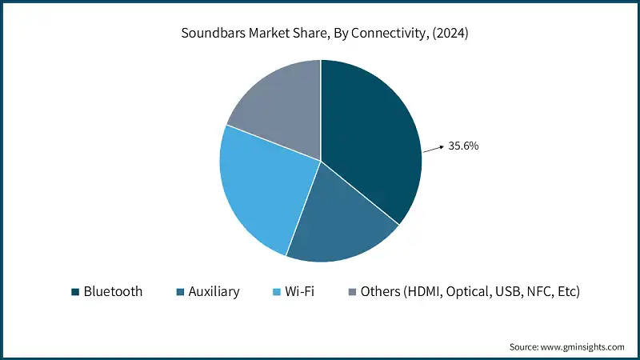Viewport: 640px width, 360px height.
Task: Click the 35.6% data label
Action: point(463,146)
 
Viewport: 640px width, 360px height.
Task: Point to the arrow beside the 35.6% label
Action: point(433,148)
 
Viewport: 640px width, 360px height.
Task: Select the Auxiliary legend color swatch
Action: point(181,292)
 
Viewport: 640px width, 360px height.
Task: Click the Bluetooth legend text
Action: point(113,292)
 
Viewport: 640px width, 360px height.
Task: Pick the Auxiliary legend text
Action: point(214,292)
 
